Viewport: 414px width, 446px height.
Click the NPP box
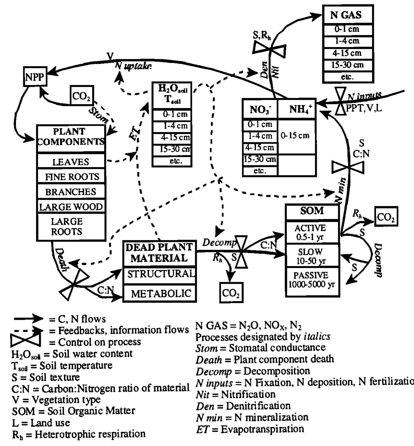point(35,77)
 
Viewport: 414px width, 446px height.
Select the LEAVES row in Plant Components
point(71,161)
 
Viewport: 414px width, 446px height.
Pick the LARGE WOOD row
point(71,207)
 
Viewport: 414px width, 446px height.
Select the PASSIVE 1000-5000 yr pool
point(312,280)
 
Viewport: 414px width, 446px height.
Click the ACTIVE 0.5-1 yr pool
point(312,232)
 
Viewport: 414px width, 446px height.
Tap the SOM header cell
point(312,211)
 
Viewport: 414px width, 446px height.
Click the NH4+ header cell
point(297,109)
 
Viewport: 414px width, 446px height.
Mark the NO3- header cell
point(260,110)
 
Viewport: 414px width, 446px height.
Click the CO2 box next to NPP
point(82,96)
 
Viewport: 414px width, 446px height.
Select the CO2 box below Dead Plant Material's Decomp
point(231,293)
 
